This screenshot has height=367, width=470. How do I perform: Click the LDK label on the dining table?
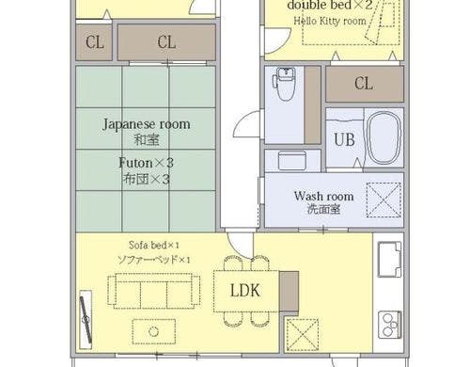245,291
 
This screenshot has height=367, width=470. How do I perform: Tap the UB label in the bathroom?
344,139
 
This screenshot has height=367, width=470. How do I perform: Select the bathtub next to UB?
384,137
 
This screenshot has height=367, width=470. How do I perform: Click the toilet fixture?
284,84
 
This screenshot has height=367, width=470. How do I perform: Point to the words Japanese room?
147,124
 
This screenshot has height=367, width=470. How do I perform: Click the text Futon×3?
146,163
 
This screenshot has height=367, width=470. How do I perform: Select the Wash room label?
323,196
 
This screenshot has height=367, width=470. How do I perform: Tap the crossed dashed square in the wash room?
384,199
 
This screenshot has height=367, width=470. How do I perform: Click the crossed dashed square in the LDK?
303,335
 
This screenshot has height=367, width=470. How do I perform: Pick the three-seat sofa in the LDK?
154,291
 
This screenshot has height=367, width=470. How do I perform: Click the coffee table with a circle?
153,331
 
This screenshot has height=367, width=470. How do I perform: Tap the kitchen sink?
389,259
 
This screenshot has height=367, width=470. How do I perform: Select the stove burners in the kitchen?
390,325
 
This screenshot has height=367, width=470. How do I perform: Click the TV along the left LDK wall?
86,320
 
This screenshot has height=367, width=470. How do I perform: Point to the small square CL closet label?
95,42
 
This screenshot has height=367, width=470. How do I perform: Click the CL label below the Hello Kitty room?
364,84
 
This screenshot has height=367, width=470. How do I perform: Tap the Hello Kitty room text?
330,21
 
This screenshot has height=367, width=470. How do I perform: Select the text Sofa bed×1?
154,245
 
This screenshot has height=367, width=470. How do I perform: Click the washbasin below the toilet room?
292,160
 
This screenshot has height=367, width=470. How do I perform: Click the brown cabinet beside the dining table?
289,292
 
